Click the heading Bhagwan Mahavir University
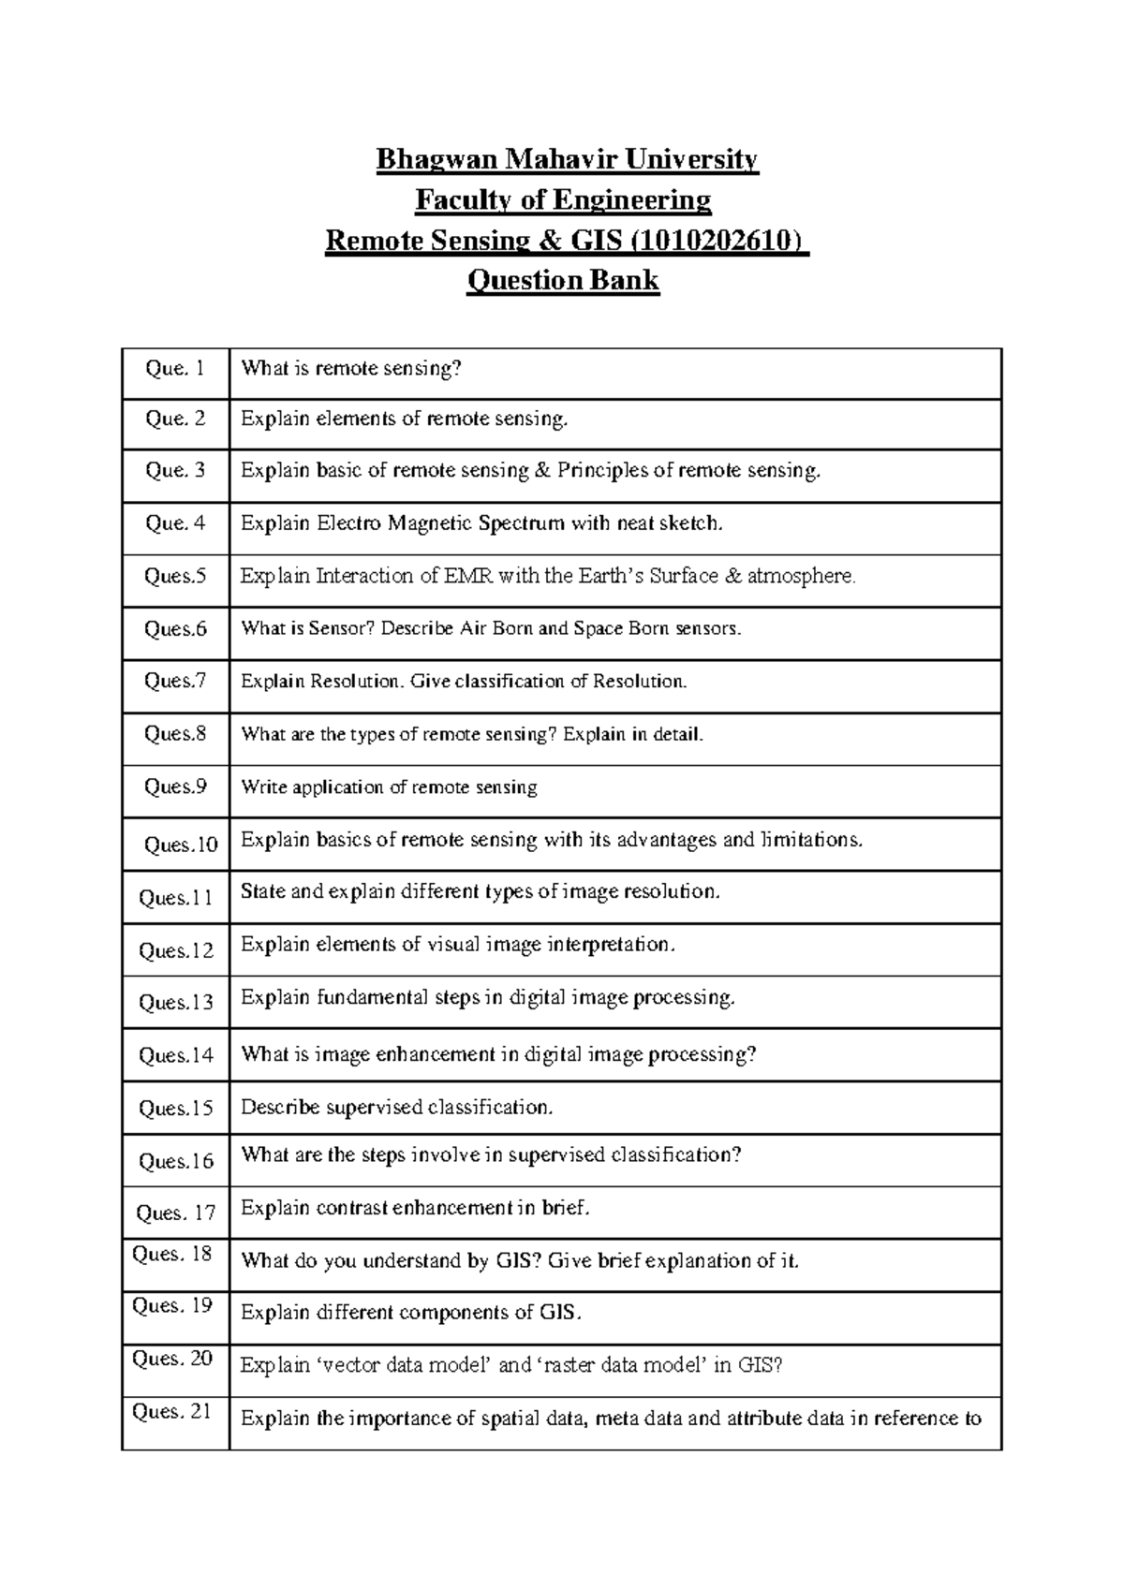point(566,160)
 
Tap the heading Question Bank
point(563,280)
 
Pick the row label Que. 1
point(175,369)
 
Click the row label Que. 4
point(175,523)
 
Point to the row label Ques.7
point(175,681)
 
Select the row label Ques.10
point(181,845)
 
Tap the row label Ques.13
point(176,1003)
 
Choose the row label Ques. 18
point(172,1254)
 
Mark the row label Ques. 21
point(172,1411)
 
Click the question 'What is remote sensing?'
point(351,369)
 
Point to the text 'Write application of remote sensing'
point(389,787)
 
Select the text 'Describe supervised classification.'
point(397,1108)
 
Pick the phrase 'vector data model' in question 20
point(407,1365)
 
